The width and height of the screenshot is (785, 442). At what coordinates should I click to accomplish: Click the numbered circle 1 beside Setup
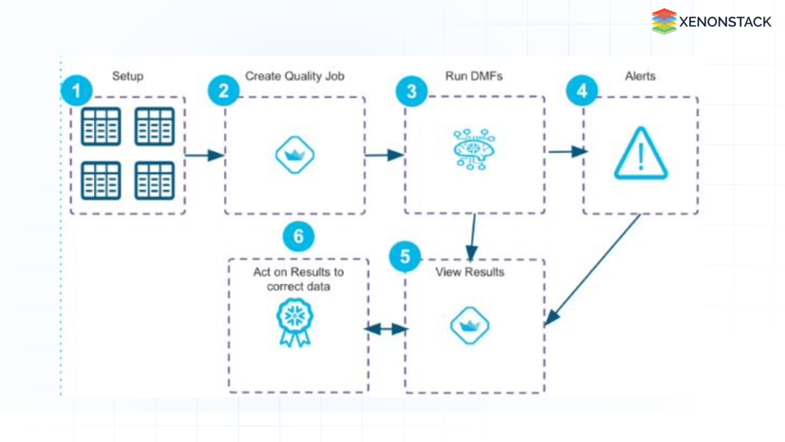[76, 91]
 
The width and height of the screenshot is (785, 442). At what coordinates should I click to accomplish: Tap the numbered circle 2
[222, 91]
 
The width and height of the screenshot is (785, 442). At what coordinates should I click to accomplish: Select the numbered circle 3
[410, 91]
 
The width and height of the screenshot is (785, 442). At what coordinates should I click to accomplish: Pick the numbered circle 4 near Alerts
[581, 91]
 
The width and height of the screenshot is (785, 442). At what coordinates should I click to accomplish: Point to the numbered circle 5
[405, 257]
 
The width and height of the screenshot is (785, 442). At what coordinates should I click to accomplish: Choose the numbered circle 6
[298, 237]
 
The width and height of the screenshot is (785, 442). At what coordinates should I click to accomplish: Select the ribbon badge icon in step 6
[294, 322]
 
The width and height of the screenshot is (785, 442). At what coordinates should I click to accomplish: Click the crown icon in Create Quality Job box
[294, 155]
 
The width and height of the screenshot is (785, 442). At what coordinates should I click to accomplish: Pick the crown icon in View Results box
[469, 327]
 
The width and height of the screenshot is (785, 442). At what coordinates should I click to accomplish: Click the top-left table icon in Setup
[101, 127]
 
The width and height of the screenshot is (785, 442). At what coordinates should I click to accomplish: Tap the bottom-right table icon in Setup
[155, 181]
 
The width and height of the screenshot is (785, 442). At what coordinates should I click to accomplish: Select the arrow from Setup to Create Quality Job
[204, 154]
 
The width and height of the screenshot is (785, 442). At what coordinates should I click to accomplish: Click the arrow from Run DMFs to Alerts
[567, 151]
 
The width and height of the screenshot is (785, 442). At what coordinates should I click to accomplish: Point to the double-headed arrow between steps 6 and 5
[386, 329]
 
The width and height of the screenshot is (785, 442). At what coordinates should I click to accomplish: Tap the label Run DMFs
[474, 76]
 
